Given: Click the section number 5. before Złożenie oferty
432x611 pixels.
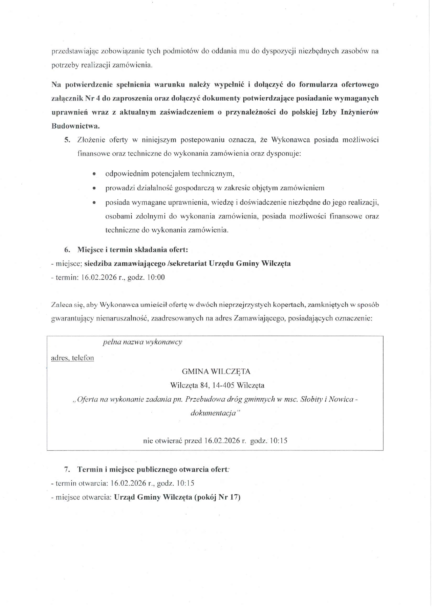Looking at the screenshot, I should [67, 140].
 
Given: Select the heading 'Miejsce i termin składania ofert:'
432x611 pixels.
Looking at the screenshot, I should [132, 250].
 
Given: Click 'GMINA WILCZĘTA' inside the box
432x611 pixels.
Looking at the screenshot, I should [216, 371].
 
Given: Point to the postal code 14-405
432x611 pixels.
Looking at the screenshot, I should [223, 385].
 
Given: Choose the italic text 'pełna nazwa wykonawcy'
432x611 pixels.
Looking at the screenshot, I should [142, 342].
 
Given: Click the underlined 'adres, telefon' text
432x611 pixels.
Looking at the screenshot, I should [72, 358].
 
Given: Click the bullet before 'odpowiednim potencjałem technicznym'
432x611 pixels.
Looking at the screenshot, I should [94, 174].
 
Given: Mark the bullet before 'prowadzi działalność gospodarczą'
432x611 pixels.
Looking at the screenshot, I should [94, 188].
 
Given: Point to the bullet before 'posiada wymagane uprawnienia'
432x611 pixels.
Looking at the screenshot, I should [94, 203].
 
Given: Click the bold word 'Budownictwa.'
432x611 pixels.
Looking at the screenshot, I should [75, 126].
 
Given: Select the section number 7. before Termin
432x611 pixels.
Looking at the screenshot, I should [67, 470].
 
